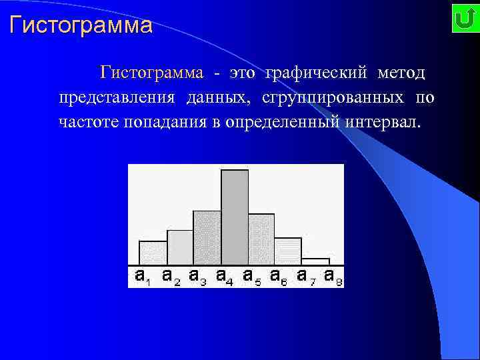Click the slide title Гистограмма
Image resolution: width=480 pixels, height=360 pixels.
point(81,26)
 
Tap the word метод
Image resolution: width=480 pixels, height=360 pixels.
point(401,71)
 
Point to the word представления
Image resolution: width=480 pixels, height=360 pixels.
point(117,97)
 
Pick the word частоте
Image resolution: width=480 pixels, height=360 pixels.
point(87,123)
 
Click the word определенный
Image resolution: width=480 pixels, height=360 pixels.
point(280,123)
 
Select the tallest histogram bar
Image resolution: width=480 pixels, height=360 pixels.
point(235,217)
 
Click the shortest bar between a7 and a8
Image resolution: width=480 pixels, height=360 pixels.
point(315,261)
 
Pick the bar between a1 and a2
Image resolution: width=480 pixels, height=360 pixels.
point(153,253)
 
